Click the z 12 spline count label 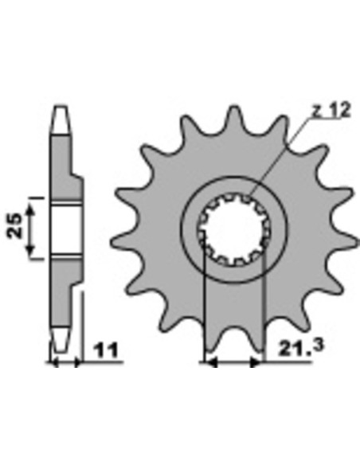[331, 110]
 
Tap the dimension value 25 [15, 226]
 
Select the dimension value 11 [106, 350]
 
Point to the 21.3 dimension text [300, 348]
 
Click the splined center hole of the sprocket [233, 229]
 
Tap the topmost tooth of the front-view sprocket [234, 118]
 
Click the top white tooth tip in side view [61, 119]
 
